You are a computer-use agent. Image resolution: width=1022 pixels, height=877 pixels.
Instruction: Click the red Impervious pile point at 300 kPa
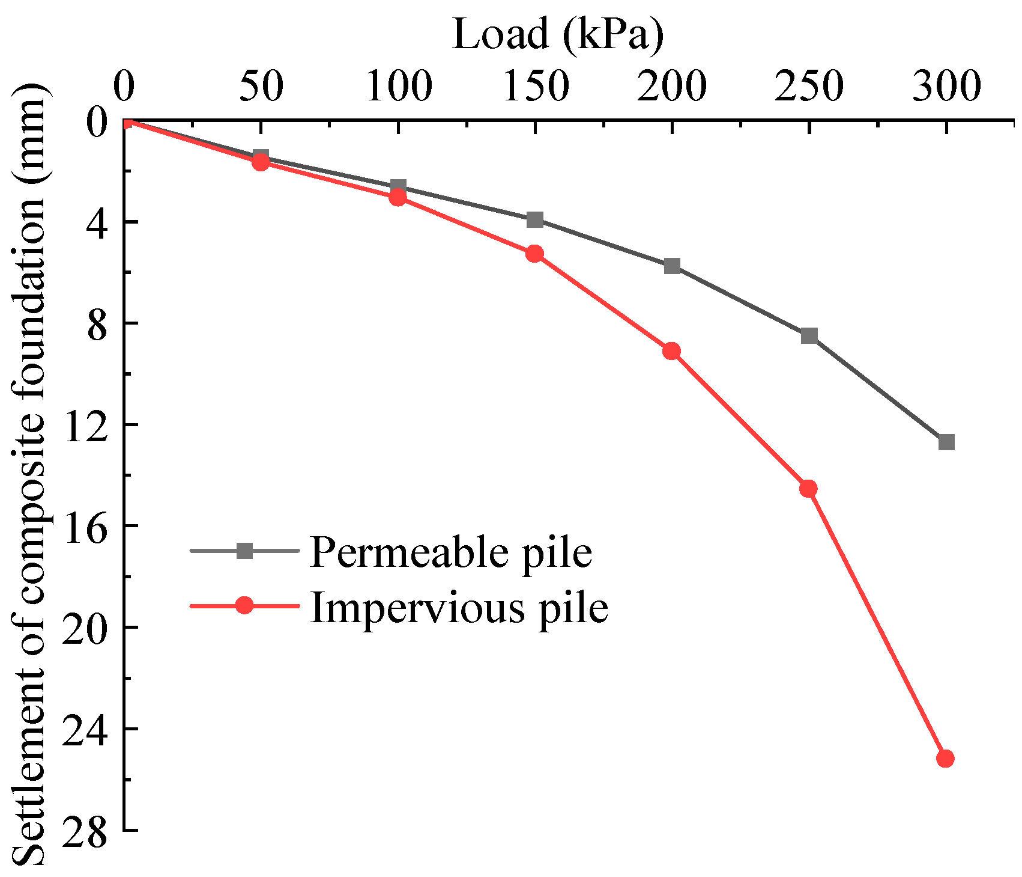[x=946, y=759]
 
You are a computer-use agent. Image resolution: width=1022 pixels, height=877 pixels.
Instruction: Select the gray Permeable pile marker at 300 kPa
[x=946, y=442]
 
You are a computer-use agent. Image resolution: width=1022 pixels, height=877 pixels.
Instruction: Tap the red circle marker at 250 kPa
[x=808, y=489]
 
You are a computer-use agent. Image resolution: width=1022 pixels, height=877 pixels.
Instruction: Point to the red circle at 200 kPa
[x=671, y=351]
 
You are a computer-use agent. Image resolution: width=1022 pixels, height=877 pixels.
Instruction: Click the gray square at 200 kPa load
[x=672, y=266]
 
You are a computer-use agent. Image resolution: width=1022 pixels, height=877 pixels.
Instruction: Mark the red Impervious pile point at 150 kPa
[x=534, y=254]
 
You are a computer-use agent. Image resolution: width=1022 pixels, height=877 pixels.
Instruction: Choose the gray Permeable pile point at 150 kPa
[x=535, y=219]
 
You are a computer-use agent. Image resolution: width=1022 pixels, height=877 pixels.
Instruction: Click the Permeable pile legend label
[x=451, y=552]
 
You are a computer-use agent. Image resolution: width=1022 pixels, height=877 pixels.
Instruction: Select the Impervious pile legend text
[x=459, y=607]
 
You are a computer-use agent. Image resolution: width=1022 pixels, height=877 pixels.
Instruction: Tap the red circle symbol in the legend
[x=244, y=605]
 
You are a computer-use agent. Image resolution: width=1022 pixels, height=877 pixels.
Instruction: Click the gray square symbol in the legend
[x=244, y=551]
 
